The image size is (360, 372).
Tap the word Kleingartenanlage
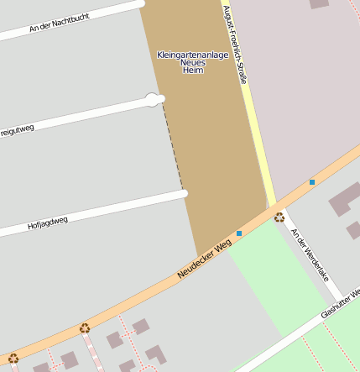tap(192, 55)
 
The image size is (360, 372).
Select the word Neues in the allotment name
tap(192, 63)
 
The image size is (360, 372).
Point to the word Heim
tap(192, 71)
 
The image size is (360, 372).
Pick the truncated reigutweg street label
tap(17, 129)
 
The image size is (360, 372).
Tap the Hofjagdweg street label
tap(47, 223)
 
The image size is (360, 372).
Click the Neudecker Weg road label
tap(204, 259)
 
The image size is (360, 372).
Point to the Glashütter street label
tap(340, 304)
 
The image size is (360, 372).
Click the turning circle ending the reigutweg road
tap(152, 100)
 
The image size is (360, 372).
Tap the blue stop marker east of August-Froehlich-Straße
tap(312, 181)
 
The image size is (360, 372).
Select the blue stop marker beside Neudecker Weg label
tap(239, 233)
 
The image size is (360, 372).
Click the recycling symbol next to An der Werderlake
tap(279, 217)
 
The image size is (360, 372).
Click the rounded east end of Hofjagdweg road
tap(184, 194)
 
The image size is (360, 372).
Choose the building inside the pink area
tap(319, 3)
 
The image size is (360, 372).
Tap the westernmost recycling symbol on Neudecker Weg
tap(13, 359)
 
